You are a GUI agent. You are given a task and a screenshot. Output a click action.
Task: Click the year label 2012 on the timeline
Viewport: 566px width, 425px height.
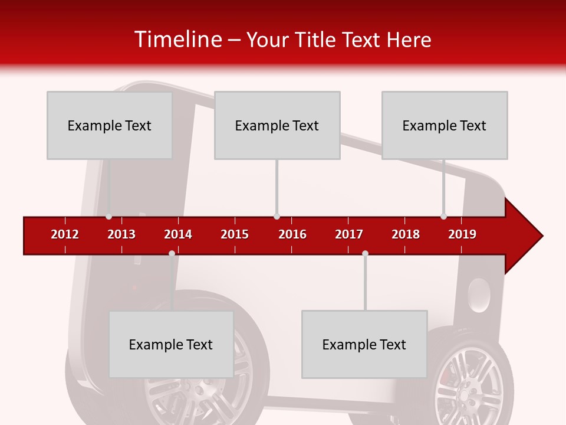tap(65, 234)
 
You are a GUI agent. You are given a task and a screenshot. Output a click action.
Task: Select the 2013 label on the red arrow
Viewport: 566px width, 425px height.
tap(121, 234)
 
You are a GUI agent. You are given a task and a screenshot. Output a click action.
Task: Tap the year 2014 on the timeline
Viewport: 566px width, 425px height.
tap(178, 234)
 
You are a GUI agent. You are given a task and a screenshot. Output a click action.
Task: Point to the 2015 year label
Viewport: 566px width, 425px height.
tap(235, 234)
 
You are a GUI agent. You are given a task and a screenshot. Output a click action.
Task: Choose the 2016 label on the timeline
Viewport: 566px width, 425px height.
tap(292, 234)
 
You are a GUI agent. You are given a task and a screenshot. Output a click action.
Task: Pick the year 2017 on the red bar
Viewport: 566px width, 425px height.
tap(349, 234)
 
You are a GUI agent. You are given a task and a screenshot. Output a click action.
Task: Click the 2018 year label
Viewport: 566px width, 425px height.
tap(406, 234)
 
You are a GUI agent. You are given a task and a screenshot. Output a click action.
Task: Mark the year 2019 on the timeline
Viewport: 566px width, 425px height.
tap(462, 234)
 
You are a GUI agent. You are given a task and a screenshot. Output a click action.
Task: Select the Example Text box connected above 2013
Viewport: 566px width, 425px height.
tap(110, 125)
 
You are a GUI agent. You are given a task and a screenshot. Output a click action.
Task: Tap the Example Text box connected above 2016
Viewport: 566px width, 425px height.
tap(277, 125)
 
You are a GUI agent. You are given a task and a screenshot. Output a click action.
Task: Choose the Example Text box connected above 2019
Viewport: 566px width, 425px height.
tap(445, 125)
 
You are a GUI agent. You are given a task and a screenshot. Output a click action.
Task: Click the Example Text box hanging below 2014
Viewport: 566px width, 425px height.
tap(171, 344)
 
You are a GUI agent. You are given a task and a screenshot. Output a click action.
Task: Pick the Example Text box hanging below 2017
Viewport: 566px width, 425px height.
tap(364, 344)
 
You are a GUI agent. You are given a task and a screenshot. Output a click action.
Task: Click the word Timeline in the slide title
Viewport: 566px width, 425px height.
tap(177, 40)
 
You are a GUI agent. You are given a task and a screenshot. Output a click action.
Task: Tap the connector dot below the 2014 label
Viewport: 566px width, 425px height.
tap(172, 253)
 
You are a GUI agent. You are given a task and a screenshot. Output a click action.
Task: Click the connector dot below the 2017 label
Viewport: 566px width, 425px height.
tap(365, 253)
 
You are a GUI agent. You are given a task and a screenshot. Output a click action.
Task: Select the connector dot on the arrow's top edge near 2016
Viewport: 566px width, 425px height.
tap(277, 217)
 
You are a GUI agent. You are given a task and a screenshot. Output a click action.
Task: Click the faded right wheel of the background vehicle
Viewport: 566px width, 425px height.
tap(469, 384)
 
